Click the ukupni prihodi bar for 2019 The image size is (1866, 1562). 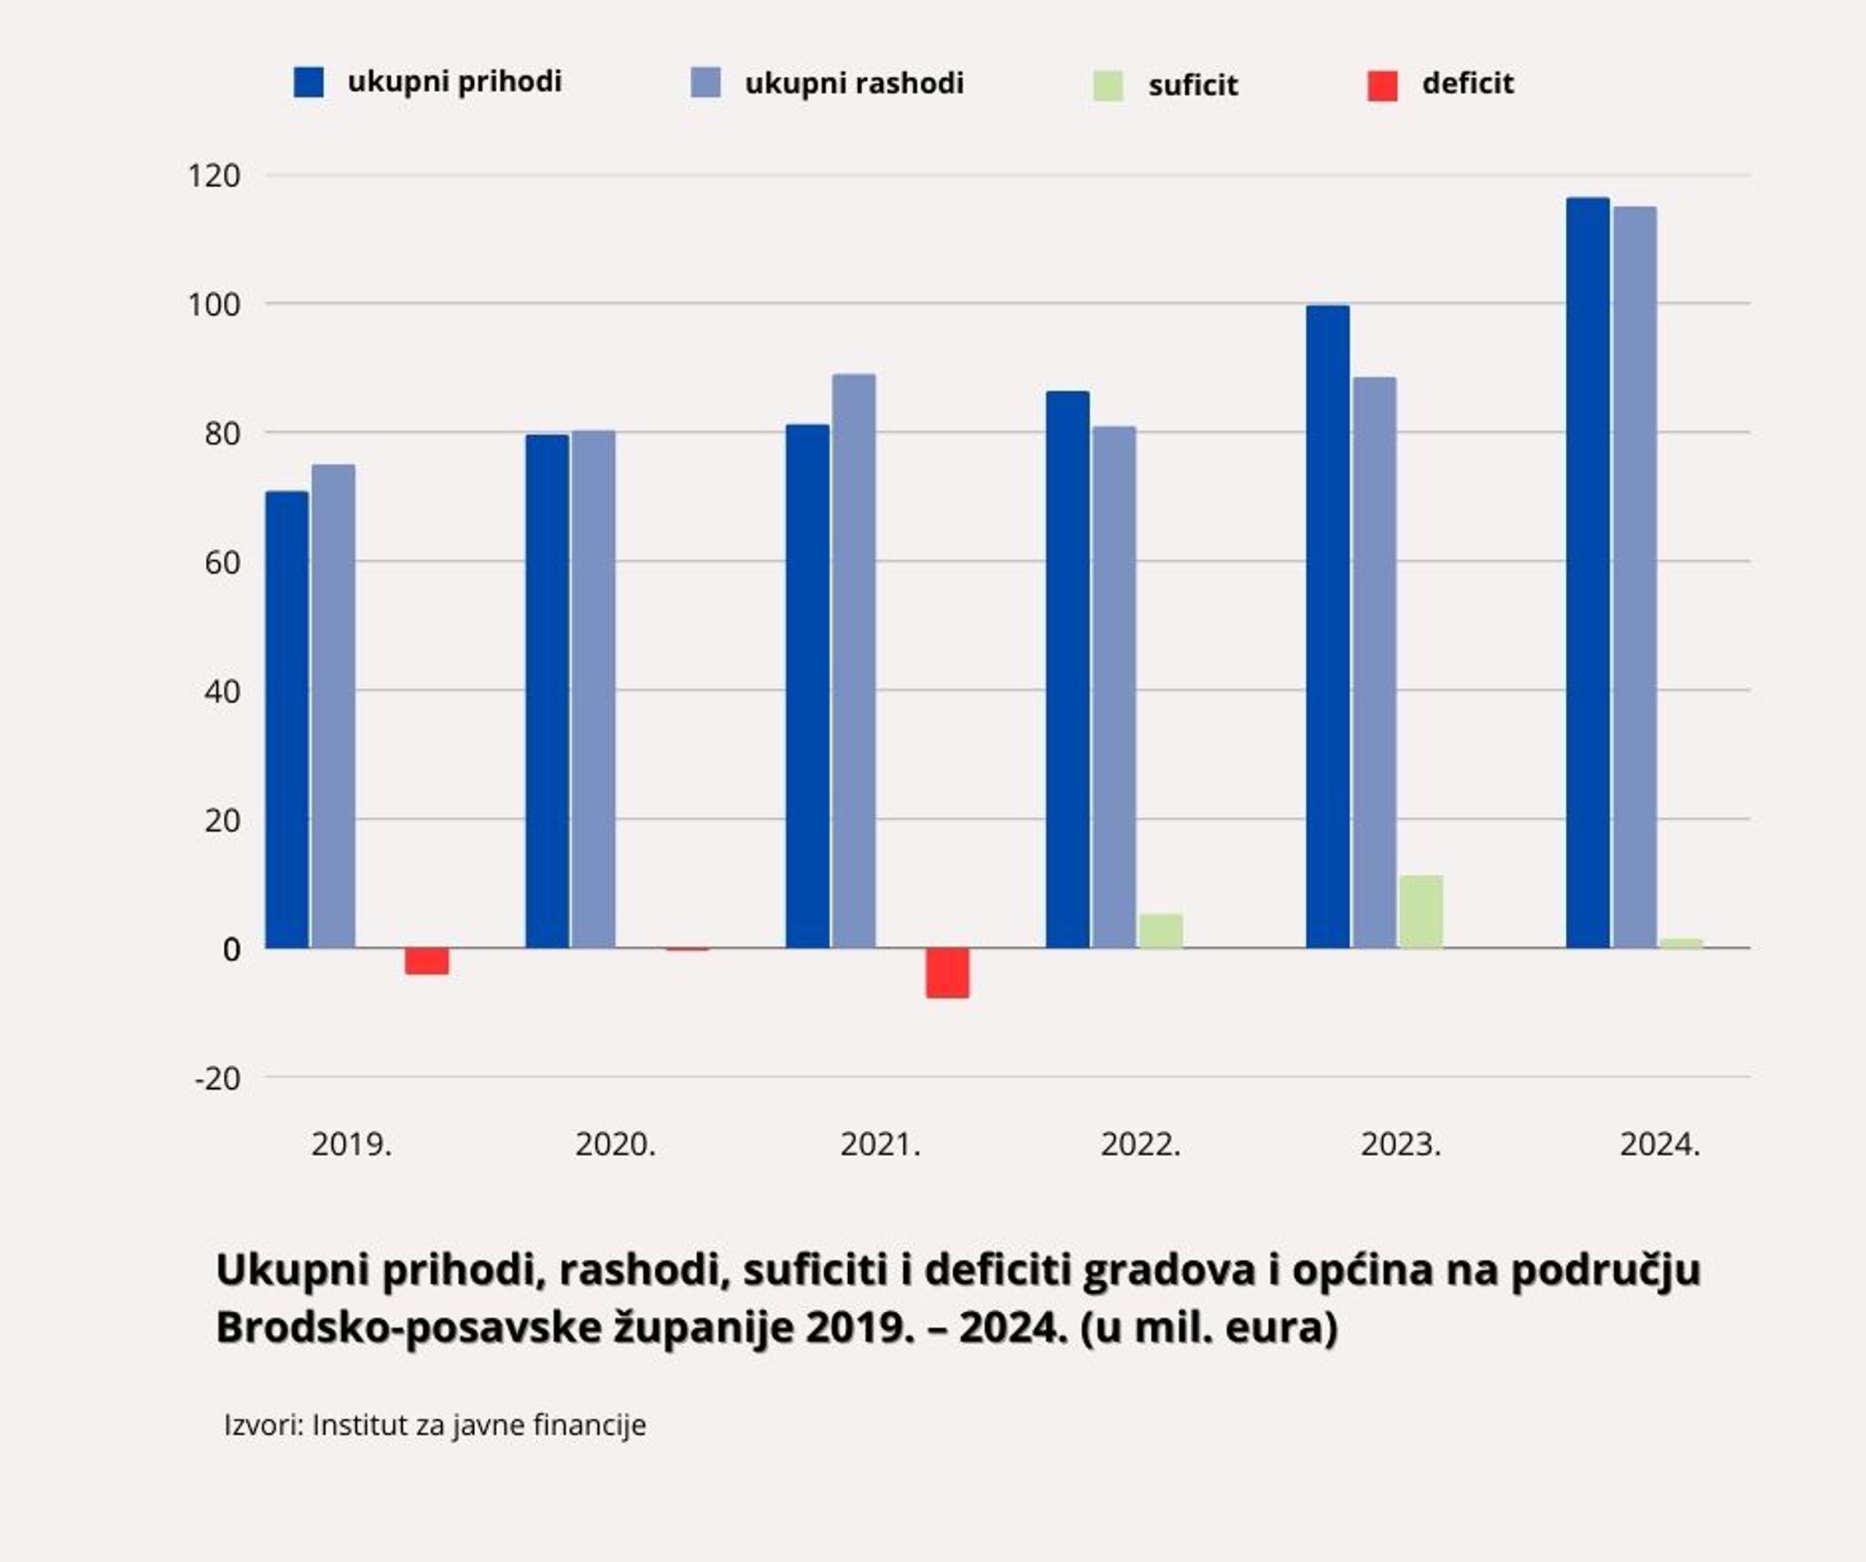coord(287,720)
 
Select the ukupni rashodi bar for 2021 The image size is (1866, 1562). coord(853,661)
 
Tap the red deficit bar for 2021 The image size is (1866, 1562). coord(947,973)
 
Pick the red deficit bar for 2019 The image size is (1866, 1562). coord(427,961)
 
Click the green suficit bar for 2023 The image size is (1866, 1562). coord(1421,913)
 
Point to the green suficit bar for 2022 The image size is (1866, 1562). coord(1161,931)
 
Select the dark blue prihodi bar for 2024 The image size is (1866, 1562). coord(1588,573)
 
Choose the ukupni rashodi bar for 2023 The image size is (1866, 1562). coord(1375,663)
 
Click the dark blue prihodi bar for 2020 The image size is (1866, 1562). coord(546,691)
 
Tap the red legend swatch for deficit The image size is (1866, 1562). coord(1382,85)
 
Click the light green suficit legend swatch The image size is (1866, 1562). coord(1107,86)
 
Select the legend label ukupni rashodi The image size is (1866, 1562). coord(854,84)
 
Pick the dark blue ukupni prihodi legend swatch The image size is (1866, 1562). coord(308,83)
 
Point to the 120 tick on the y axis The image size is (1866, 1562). coord(214,176)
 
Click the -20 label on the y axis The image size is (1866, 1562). coord(217,1079)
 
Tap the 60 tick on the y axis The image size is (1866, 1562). coord(222,562)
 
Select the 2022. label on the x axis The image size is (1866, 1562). coord(1141,1145)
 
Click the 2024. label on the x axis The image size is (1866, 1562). coord(1660,1145)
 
